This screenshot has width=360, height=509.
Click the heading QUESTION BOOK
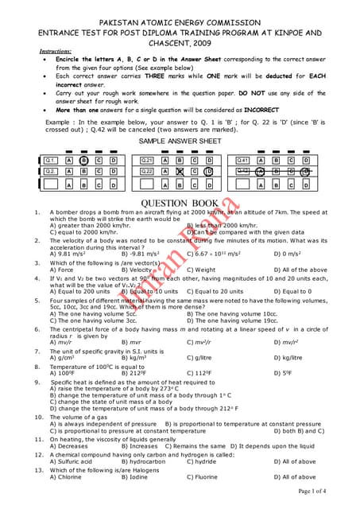coord(179,204)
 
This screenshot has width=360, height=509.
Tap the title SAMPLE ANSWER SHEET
coord(180,141)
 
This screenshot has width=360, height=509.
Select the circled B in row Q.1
coord(84,160)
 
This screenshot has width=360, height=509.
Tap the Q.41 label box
coord(243,160)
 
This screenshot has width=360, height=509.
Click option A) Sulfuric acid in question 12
coord(72,461)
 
